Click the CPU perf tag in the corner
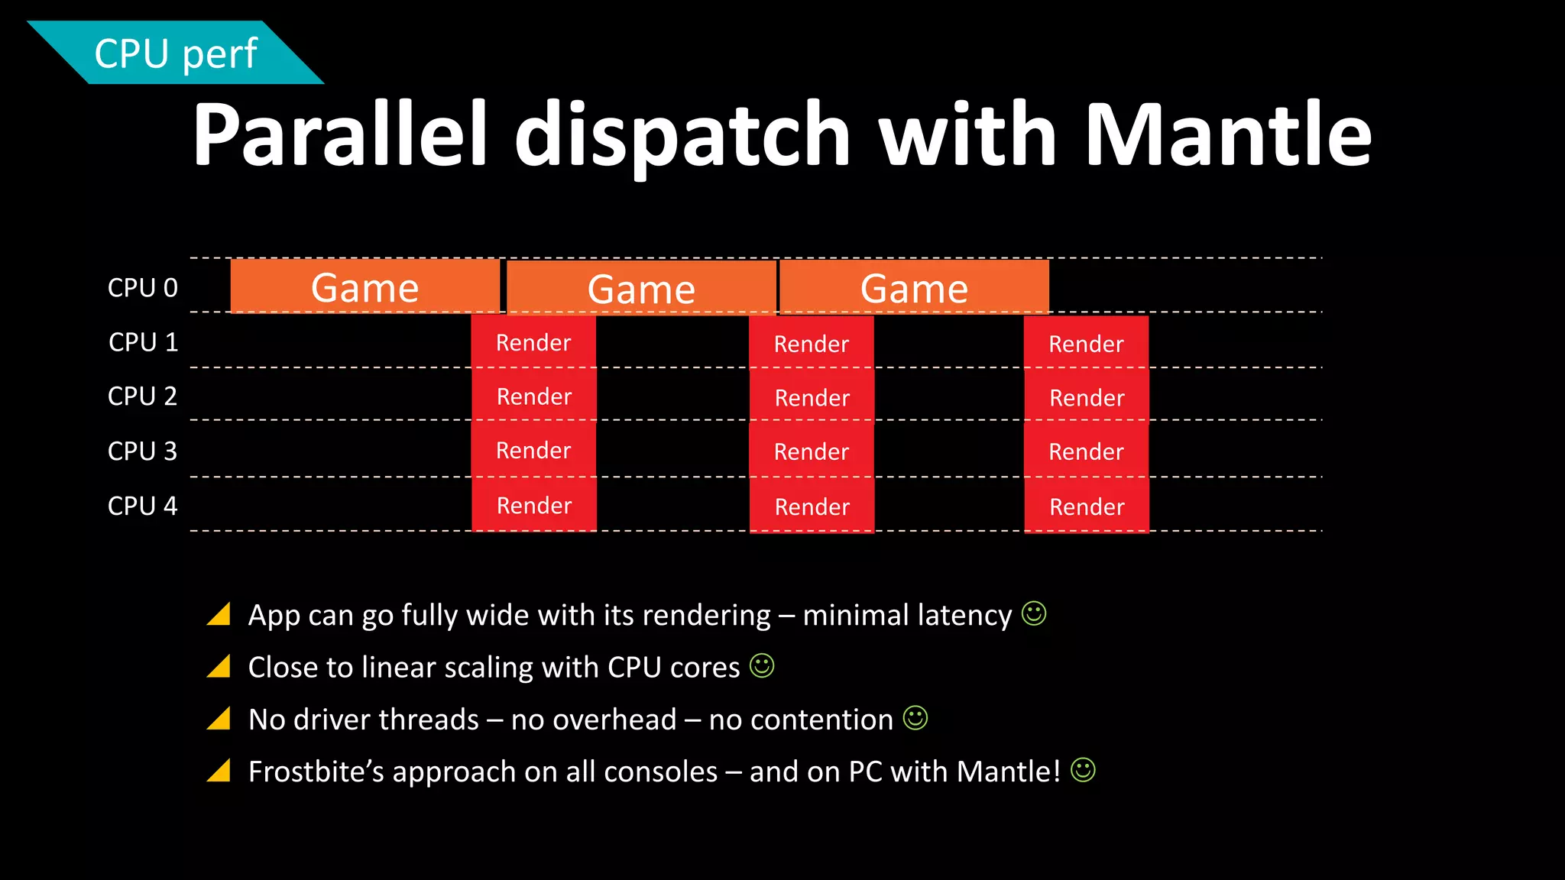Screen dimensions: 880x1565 pyautogui.click(x=176, y=53)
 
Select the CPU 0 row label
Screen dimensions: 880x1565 pyautogui.click(x=143, y=288)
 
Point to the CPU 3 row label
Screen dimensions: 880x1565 pyautogui.click(x=143, y=451)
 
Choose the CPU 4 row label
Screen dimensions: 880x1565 pyautogui.click(x=143, y=506)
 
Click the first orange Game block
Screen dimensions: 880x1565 pyautogui.click(x=365, y=287)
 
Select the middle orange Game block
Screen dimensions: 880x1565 pyautogui.click(x=641, y=289)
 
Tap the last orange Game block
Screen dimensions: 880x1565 pyautogui.click(x=914, y=288)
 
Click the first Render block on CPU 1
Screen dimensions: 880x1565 pyautogui.click(x=533, y=342)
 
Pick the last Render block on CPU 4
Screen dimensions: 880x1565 pyautogui.click(x=1087, y=506)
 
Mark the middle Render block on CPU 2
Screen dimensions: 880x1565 pyautogui.click(x=812, y=397)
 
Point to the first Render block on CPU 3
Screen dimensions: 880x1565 pyautogui.click(x=533, y=451)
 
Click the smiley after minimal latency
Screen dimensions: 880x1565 pyautogui.click(x=1034, y=613)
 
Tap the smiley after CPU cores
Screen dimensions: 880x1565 pyautogui.click(x=762, y=665)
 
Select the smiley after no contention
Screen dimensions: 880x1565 pyautogui.click(x=915, y=718)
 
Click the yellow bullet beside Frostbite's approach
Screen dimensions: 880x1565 pyautogui.click(x=219, y=771)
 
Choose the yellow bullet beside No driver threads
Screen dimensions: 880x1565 pyautogui.click(x=219, y=719)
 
